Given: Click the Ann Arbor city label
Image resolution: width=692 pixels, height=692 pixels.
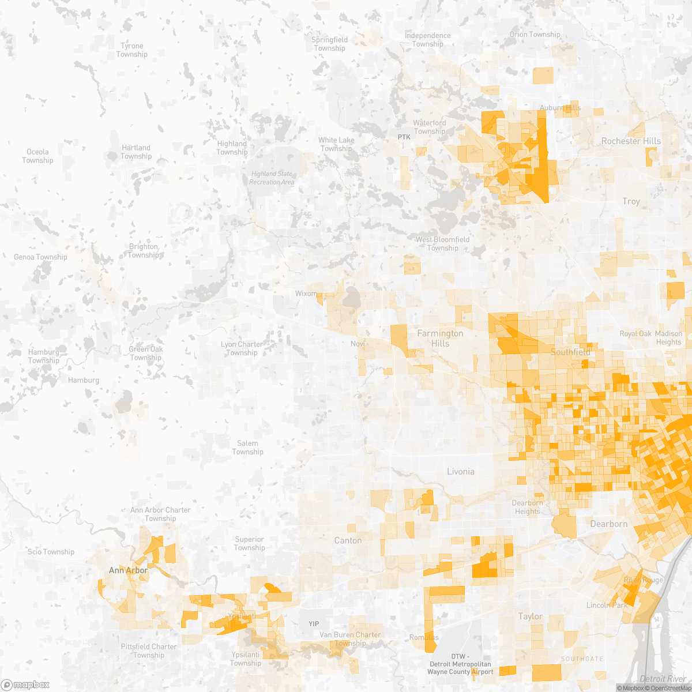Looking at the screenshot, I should pyautogui.click(x=128, y=570).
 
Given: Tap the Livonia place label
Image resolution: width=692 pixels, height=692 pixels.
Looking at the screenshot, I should pyautogui.click(x=461, y=472).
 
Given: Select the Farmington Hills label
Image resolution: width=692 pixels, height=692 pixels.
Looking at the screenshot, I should pyautogui.click(x=440, y=339).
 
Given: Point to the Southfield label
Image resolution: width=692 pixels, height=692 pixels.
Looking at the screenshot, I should pyautogui.click(x=570, y=352).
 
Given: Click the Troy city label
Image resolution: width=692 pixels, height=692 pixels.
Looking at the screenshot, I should pyautogui.click(x=631, y=201).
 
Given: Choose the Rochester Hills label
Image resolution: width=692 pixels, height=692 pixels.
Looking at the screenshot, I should pyautogui.click(x=631, y=141).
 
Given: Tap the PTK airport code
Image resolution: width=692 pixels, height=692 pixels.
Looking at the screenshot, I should pyautogui.click(x=404, y=137).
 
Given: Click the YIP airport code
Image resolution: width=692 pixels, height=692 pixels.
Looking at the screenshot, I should pyautogui.click(x=314, y=624).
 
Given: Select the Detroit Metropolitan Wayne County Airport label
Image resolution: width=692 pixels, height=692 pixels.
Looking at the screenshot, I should pyautogui.click(x=460, y=664).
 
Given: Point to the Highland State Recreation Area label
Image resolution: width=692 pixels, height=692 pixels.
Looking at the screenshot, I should pyautogui.click(x=272, y=178).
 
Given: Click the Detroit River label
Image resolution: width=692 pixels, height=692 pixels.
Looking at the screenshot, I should pyautogui.click(x=663, y=679).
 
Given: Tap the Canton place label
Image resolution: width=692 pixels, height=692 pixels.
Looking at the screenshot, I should pyautogui.click(x=348, y=540).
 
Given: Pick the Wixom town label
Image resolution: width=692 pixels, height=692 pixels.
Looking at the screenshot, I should pyautogui.click(x=306, y=294).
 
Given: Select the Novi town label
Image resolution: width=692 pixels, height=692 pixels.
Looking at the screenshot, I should pyautogui.click(x=358, y=344).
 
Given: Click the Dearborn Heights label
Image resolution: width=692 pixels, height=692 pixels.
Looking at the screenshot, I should pyautogui.click(x=527, y=507).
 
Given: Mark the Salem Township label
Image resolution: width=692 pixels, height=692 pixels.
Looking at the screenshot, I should pyautogui.click(x=247, y=447).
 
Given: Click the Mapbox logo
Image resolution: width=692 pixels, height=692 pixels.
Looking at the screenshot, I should pyautogui.click(x=26, y=685).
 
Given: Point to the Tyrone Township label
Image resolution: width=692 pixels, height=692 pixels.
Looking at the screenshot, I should pyautogui.click(x=131, y=50).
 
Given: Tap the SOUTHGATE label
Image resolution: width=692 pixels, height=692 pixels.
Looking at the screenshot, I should pyautogui.click(x=582, y=659).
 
